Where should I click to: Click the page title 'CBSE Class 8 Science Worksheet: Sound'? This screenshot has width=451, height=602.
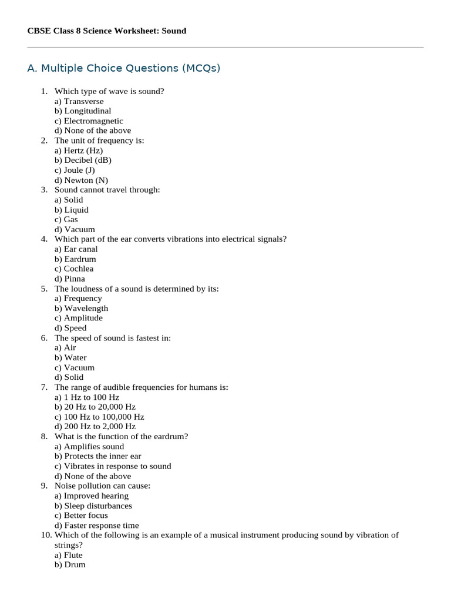click(107, 31)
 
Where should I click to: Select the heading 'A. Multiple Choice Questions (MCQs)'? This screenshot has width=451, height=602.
click(124, 68)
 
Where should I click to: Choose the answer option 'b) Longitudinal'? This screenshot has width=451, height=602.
click(83, 111)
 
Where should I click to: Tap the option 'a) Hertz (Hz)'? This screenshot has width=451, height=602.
click(79, 150)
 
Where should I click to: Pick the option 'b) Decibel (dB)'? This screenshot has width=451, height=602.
click(83, 160)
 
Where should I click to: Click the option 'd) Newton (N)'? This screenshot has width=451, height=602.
click(81, 180)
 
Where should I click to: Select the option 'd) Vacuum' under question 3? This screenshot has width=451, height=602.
click(75, 230)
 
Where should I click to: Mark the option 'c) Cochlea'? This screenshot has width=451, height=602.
click(74, 269)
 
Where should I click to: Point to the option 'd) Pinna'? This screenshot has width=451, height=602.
click(70, 279)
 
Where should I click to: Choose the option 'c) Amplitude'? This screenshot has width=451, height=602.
click(79, 318)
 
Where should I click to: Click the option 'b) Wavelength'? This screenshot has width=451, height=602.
click(82, 309)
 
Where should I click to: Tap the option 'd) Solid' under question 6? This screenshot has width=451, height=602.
click(69, 377)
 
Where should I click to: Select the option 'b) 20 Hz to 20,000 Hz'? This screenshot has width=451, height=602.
click(95, 407)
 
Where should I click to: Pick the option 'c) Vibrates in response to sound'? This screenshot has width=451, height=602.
click(113, 466)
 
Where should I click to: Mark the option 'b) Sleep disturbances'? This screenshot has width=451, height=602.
click(93, 506)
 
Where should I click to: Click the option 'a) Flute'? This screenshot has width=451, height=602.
click(69, 555)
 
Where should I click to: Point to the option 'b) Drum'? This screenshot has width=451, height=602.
click(70, 565)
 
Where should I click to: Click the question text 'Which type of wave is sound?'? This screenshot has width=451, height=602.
click(109, 91)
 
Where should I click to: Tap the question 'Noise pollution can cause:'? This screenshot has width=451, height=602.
click(103, 486)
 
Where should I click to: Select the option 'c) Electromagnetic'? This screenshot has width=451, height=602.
click(89, 121)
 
